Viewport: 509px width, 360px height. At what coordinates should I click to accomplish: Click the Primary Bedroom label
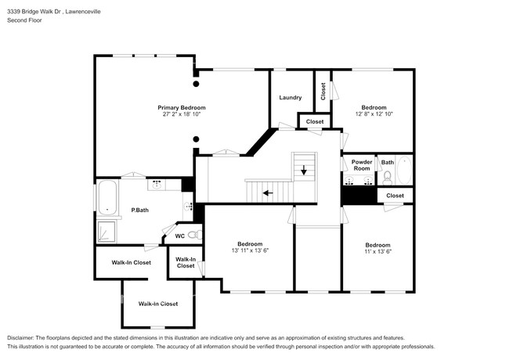[x=181, y=107]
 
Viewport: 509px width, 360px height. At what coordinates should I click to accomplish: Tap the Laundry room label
[x=290, y=98]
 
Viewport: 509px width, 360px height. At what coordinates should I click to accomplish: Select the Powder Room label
[x=361, y=165]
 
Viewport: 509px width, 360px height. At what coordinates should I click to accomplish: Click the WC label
[x=179, y=236]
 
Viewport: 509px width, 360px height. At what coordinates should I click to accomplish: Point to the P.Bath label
[x=139, y=210]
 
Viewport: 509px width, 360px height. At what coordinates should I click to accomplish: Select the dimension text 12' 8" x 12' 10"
[x=374, y=114]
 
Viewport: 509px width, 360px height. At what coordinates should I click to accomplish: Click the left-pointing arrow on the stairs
[x=268, y=192]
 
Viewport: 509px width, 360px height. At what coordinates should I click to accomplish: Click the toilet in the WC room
[x=197, y=234]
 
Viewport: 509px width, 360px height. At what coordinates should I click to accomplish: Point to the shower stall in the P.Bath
[x=106, y=232]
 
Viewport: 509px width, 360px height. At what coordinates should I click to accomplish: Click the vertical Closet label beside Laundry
[x=323, y=90]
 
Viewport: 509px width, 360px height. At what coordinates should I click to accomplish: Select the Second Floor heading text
[x=25, y=21]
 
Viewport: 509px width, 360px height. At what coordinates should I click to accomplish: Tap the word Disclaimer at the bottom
[x=23, y=338]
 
